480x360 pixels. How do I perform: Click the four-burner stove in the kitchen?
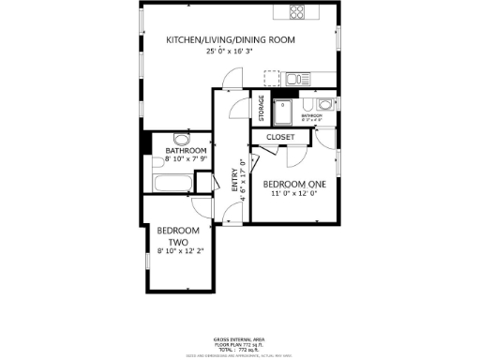coord(298,12)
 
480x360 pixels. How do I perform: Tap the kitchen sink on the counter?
coord(294,78)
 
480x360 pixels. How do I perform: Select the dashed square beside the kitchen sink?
coord(273,78)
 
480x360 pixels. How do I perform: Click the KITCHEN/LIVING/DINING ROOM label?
coord(231,39)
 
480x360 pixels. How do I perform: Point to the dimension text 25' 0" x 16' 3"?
coord(231,52)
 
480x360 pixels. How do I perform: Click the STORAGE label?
coord(262,108)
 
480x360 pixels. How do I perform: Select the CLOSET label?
coord(280,137)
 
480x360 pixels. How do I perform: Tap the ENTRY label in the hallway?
coord(234,180)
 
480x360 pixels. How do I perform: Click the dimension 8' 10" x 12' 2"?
coord(180,251)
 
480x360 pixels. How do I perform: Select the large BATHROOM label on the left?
coord(186,151)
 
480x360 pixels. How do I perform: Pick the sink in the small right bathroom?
coord(323,104)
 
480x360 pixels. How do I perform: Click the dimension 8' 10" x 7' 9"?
coord(186,160)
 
